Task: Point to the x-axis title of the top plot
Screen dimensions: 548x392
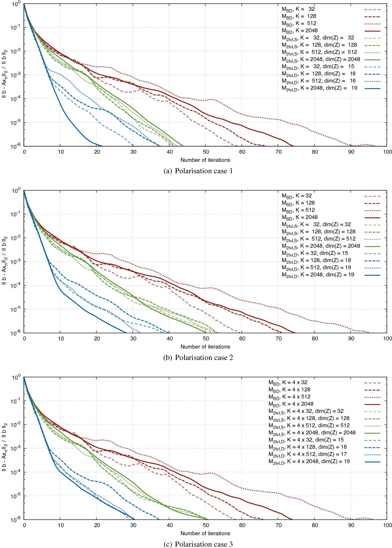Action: tap(205, 160)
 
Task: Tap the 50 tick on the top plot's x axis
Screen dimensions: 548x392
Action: tap(205, 152)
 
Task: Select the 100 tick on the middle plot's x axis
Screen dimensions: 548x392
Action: tap(387, 338)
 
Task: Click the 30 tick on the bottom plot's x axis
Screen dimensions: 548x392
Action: tap(133, 525)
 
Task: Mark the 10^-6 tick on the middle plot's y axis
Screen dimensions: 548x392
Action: tap(16, 333)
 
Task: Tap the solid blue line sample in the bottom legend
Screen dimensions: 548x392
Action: tap(372, 461)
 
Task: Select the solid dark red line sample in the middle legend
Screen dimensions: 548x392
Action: tap(372, 217)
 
